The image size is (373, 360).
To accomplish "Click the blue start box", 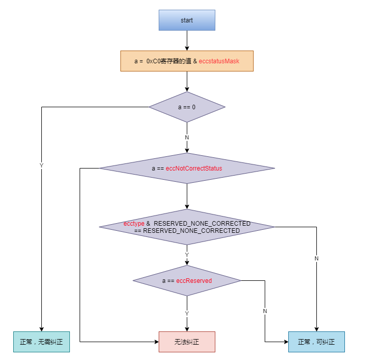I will (187, 20).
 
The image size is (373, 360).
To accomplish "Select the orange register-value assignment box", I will (187, 61).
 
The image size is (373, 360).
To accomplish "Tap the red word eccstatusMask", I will (219, 61).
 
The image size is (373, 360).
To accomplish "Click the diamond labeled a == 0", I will (187, 107).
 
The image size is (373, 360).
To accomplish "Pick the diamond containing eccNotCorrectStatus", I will (187, 168).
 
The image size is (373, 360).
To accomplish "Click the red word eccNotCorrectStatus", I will (194, 168).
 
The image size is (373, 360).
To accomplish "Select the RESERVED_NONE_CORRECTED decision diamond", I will (187, 227).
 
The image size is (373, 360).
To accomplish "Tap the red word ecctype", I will (134, 224).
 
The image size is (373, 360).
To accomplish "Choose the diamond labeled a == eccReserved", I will (187, 280).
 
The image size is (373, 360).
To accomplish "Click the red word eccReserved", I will (194, 281).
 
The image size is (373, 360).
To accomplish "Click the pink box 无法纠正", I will (187, 342).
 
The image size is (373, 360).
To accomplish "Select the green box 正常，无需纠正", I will (41, 342).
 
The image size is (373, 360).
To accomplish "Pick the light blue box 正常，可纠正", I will (316, 342).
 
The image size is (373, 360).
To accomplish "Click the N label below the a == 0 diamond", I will (187, 138).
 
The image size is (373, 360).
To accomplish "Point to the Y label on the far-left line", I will (41, 165).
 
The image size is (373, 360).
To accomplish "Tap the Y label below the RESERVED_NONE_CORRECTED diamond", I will (187, 254).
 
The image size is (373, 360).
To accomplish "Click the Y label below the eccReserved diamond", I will (187, 313).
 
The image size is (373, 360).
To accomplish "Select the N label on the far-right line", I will (316, 258).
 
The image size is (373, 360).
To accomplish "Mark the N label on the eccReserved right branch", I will (265, 311).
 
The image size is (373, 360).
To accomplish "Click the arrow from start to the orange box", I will (187, 40).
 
